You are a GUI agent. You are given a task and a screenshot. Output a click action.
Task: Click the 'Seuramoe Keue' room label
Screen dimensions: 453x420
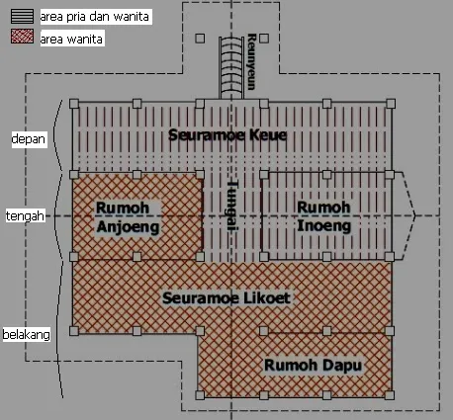coord(227,135)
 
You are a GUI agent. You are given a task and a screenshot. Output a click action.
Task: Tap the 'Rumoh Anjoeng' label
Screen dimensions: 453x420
coord(128,217)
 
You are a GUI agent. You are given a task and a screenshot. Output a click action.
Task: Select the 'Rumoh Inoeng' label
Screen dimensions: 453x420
coord(323,216)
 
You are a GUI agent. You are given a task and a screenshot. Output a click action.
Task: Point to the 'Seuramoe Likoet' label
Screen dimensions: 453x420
coord(226,298)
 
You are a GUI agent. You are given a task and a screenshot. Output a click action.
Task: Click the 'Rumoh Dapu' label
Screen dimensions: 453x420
coord(313,366)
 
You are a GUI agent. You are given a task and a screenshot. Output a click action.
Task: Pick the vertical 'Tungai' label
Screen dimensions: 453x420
coord(232,207)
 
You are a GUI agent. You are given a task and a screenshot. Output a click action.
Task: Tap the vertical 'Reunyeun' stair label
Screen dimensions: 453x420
coord(251,61)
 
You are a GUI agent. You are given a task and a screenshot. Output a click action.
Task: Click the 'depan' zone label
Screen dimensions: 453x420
coord(29,139)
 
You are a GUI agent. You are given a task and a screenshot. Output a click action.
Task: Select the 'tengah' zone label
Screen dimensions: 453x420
coord(25,216)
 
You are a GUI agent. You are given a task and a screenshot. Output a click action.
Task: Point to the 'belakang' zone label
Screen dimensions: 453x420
coord(27,335)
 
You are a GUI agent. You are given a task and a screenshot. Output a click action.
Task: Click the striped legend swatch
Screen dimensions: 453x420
coord(22,16)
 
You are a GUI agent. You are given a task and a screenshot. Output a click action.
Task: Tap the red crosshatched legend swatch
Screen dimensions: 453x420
coord(22,37)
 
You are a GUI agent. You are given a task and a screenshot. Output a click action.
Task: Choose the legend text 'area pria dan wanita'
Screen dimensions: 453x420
coord(95,17)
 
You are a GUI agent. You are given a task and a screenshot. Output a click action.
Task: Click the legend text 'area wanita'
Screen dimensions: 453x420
coord(71,39)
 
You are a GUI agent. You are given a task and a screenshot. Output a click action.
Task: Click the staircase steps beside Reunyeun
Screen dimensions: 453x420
coord(231,67)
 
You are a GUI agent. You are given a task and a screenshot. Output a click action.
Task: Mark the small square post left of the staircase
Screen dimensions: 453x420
coord(200,39)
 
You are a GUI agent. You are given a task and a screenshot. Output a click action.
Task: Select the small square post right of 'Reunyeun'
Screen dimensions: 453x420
coord(264,39)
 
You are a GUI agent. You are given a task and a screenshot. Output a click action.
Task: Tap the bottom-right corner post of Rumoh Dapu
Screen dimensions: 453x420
coord(390,395)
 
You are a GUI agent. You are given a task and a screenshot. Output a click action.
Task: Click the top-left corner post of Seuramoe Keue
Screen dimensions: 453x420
coord(74,104)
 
